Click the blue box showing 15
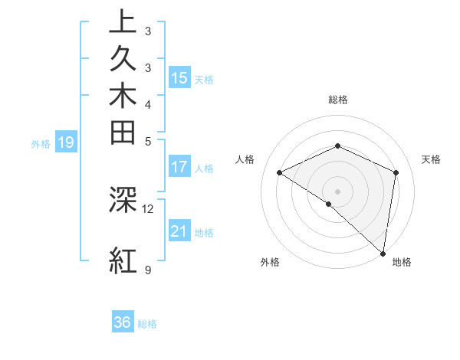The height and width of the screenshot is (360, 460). (179, 78)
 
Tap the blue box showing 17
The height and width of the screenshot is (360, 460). (179, 166)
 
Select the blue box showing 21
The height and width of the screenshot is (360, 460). (179, 231)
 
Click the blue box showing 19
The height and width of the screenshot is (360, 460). (66, 142)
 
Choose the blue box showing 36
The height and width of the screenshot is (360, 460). (123, 322)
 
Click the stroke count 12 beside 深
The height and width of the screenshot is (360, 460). (148, 208)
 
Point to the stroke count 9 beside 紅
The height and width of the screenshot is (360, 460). (148, 270)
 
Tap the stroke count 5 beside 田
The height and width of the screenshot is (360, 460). (148, 141)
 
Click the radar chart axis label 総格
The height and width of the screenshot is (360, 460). (338, 100)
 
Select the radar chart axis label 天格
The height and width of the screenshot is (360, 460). (431, 159)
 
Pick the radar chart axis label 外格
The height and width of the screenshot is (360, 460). (270, 262)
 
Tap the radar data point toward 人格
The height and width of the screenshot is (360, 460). (280, 172)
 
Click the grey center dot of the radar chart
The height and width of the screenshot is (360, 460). (338, 191)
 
